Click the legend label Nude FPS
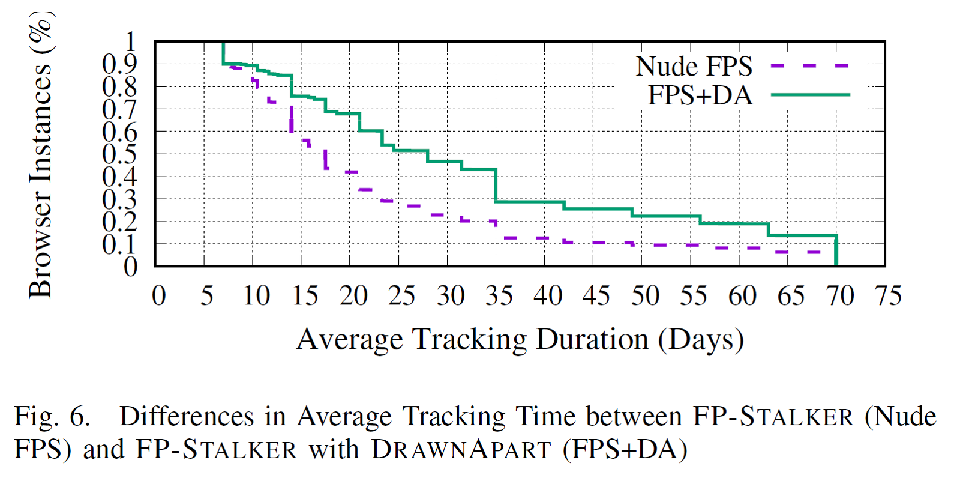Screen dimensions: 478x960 click(x=694, y=67)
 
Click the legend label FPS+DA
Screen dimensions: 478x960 click(x=700, y=95)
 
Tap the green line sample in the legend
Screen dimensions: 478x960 click(x=810, y=95)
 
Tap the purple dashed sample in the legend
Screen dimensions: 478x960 click(x=810, y=66)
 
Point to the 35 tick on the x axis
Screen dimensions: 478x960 click(x=499, y=295)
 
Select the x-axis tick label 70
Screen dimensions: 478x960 click(x=839, y=295)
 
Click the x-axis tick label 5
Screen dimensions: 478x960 click(x=207, y=295)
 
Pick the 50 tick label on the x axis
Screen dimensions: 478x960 click(x=645, y=295)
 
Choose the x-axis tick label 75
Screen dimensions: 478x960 click(x=888, y=295)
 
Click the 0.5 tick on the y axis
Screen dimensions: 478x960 click(x=119, y=154)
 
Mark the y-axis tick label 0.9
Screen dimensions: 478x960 click(x=119, y=64)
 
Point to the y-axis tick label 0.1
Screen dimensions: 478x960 click(x=119, y=244)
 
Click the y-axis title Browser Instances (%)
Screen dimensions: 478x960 click(x=41, y=155)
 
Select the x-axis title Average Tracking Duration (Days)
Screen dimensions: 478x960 click(x=520, y=340)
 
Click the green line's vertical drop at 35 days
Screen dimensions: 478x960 click(x=496, y=186)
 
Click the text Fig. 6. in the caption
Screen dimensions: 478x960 click(x=52, y=416)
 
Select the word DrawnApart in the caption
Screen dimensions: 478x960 click(x=461, y=449)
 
